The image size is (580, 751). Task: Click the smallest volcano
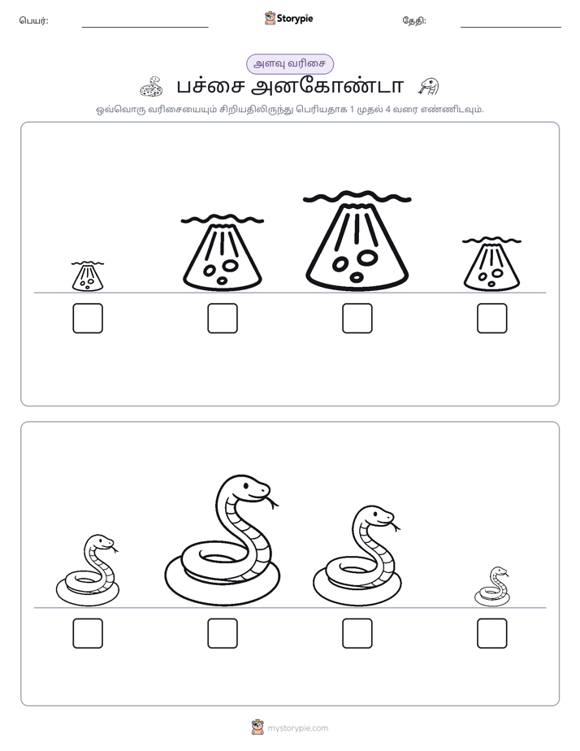(88, 277)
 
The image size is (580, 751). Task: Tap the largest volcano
(357, 242)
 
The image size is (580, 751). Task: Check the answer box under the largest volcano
(357, 318)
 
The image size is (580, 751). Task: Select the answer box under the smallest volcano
(88, 318)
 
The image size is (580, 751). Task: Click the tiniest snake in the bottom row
(492, 587)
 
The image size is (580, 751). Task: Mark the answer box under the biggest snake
(223, 633)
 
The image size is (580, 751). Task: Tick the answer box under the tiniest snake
(492, 633)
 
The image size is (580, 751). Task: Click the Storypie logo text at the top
(295, 19)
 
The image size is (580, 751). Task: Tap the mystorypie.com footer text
(297, 728)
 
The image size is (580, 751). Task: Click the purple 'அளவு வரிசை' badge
(289, 63)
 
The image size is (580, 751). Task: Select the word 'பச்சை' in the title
(210, 87)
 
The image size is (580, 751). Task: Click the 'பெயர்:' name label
(33, 20)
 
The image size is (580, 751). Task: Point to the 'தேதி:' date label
(414, 20)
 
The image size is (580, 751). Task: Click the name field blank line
(145, 28)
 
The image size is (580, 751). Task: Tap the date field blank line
(511, 28)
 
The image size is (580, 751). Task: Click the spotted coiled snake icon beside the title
(152, 87)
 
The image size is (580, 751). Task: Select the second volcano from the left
(223, 253)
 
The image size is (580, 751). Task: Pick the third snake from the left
(357, 556)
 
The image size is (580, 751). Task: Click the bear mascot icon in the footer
(258, 727)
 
